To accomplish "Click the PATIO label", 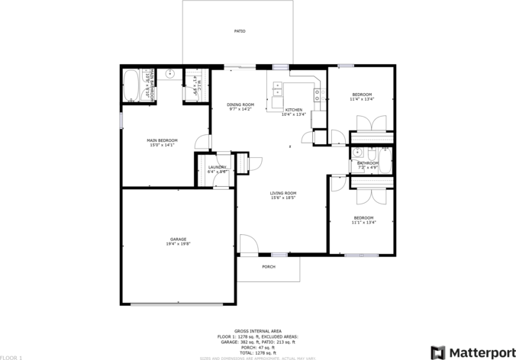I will pos(239,31).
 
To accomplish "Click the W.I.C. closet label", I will pos(195,84).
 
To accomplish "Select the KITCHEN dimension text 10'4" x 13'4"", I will pos(293,115).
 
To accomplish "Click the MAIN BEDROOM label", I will pos(162,140).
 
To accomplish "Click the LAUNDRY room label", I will pos(218,167).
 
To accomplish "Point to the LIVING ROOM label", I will pos(282,193).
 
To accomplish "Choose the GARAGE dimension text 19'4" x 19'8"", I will pos(178,244).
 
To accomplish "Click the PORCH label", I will pos(268,267).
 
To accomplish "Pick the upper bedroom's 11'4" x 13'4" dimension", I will pos(363,99).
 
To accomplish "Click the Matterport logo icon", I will pos(438,352).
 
